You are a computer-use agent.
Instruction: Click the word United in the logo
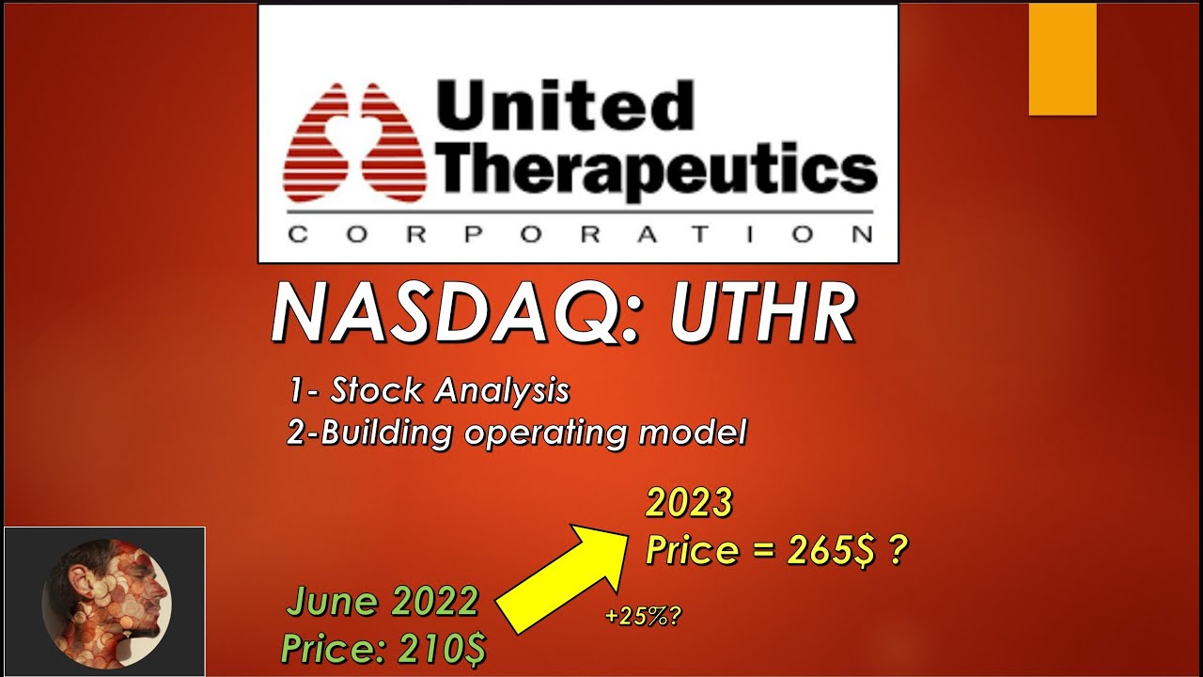(x=564, y=105)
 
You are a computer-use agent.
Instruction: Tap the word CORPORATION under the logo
(x=579, y=234)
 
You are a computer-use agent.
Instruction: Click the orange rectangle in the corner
(x=1062, y=58)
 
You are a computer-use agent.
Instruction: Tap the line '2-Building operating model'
(x=517, y=433)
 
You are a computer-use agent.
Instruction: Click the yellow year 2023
(x=688, y=504)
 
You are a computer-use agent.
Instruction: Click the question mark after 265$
(x=898, y=550)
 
